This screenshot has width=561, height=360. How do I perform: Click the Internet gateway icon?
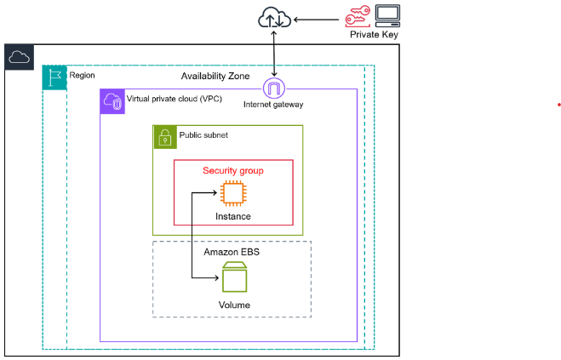pos(274,89)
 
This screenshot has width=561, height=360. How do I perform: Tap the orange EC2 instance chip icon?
pos(232,194)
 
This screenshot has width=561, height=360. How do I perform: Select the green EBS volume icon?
pos(232,277)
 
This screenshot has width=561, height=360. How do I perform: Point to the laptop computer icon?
pos(387,15)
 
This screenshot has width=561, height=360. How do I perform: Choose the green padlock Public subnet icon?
pos(164,137)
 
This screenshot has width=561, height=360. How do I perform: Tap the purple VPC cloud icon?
pos(112,100)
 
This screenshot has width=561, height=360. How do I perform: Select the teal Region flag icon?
pos(54,77)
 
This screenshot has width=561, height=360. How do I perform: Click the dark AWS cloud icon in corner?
pos(18,57)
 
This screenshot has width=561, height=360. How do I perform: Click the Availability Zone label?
pos(215,77)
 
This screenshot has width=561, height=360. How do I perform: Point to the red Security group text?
pos(232,171)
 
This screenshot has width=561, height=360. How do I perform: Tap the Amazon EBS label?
pos(232,253)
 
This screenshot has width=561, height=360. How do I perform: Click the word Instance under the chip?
pos(232,216)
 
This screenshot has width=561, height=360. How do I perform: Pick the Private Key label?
pos(374,35)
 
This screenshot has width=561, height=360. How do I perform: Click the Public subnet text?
pos(203,134)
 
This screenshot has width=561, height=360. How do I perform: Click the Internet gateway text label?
pos(274,105)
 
